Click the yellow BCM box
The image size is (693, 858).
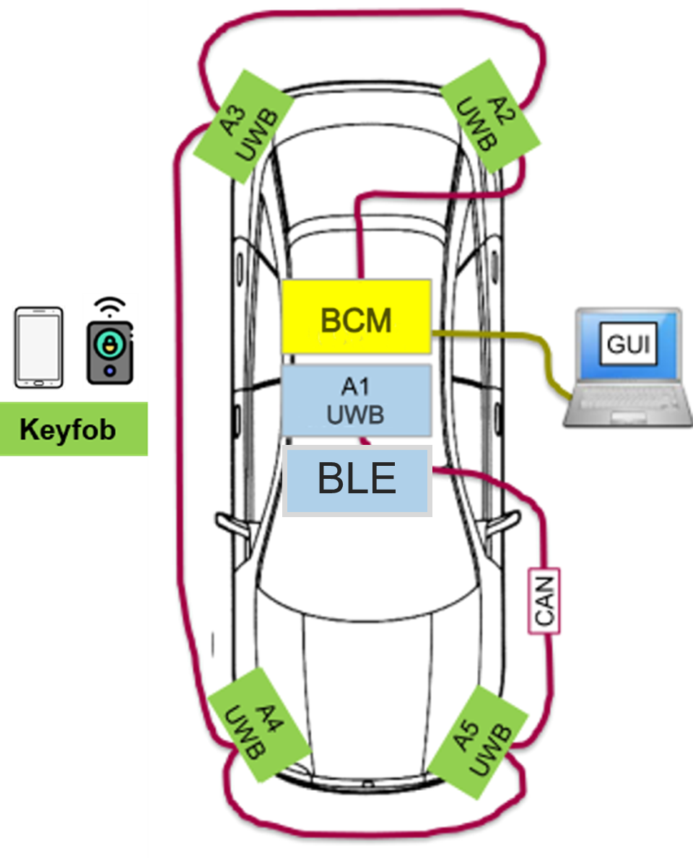pos(356,316)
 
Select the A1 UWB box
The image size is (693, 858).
pos(356,400)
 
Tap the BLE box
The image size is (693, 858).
pos(357,480)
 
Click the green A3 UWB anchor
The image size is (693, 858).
pos(243,124)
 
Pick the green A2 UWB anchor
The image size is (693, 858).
pos(490,116)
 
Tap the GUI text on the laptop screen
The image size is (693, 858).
pos(627,344)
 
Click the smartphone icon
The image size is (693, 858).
pos(39,347)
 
